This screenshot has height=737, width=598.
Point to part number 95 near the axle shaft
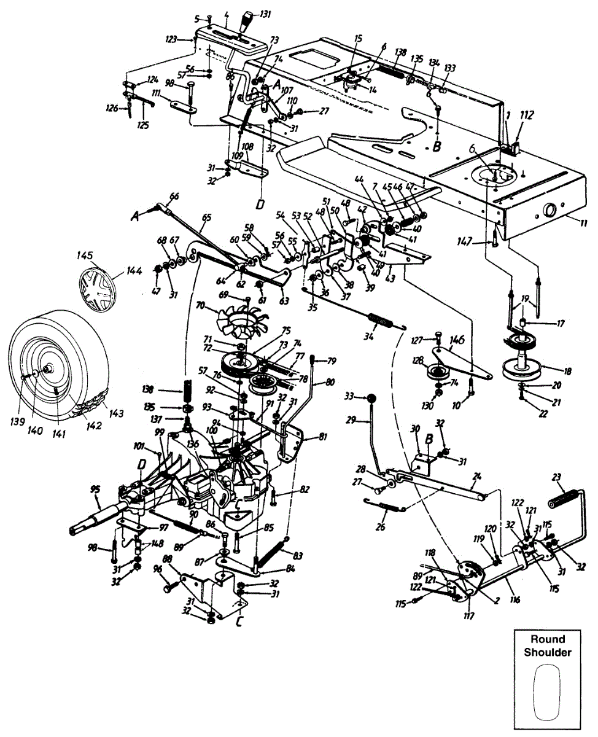(x=95, y=490)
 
